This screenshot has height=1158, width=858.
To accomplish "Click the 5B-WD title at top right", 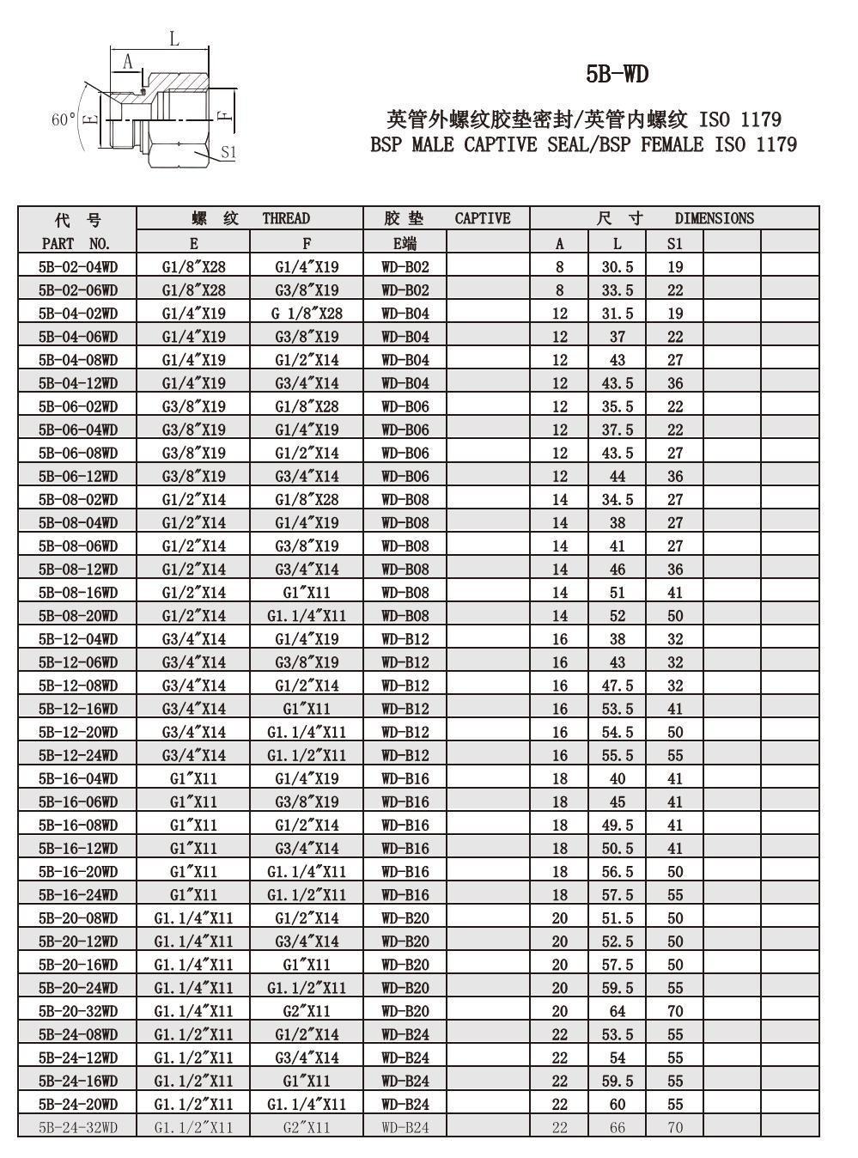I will pyautogui.click(x=617, y=75).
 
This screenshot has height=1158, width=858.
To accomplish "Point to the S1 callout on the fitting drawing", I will pyautogui.click(x=228, y=152).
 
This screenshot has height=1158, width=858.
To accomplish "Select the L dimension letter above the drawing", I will pyautogui.click(x=173, y=38).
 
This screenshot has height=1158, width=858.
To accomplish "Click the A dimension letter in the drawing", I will pyautogui.click(x=128, y=61).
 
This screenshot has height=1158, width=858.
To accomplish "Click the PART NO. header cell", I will pyautogui.click(x=76, y=243).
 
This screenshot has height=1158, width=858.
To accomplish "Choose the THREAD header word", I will pyautogui.click(x=286, y=218).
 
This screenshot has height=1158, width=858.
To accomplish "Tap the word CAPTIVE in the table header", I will pyautogui.click(x=482, y=218).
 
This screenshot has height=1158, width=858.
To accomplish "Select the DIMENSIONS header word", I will pyautogui.click(x=714, y=218).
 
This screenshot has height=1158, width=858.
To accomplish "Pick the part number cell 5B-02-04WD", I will pyautogui.click(x=78, y=267).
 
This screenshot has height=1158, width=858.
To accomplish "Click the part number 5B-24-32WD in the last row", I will pyautogui.click(x=78, y=1127).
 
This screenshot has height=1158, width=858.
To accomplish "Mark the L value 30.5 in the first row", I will pyautogui.click(x=617, y=267).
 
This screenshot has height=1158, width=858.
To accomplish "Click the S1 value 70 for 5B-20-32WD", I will pyautogui.click(x=675, y=1011).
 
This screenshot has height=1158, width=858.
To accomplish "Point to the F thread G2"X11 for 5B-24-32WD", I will pyautogui.click(x=307, y=1127).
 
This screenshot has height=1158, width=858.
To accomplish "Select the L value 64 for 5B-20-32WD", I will pyautogui.click(x=617, y=1011).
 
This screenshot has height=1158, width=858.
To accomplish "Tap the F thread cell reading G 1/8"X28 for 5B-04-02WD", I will pyautogui.click(x=307, y=314).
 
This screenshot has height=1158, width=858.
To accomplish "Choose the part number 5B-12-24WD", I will pyautogui.click(x=78, y=755).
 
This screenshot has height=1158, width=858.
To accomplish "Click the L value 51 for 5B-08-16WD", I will pyautogui.click(x=617, y=593).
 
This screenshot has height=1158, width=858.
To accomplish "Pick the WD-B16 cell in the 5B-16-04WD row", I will pyautogui.click(x=405, y=778).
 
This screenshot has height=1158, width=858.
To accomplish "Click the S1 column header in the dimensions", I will pyautogui.click(x=675, y=243).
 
